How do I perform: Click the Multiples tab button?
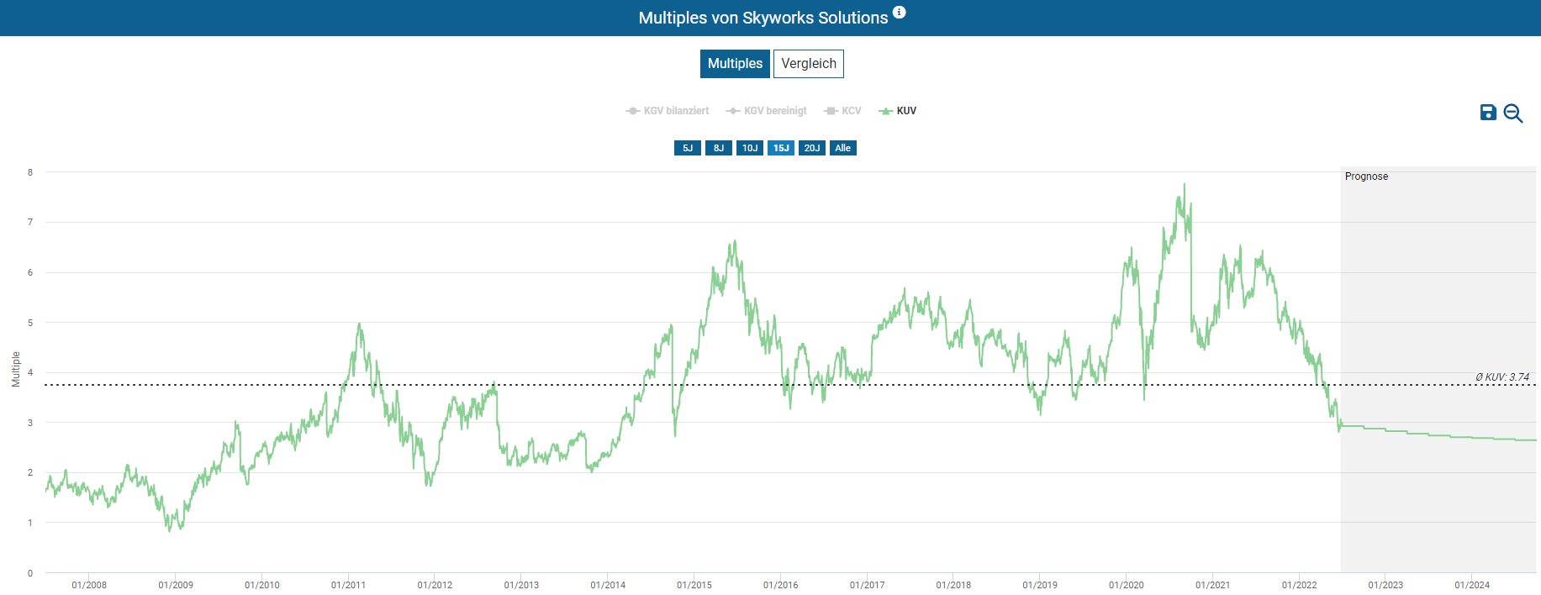pyautogui.click(x=735, y=64)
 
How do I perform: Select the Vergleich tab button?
pyautogui.click(x=809, y=64)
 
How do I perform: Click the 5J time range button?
pyautogui.click(x=688, y=148)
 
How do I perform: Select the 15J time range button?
pyautogui.click(x=781, y=148)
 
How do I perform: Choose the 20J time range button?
pyautogui.click(x=811, y=148)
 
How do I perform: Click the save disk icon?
pyautogui.click(x=1488, y=113)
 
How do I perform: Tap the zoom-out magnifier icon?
pyautogui.click(x=1513, y=113)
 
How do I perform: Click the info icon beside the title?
pyautogui.click(x=900, y=13)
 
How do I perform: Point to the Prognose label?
pyautogui.click(x=1366, y=176)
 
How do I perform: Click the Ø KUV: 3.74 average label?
pyautogui.click(x=1502, y=377)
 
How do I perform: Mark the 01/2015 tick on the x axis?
pyautogui.click(x=694, y=585)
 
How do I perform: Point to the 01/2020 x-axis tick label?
pyautogui.click(x=1127, y=585)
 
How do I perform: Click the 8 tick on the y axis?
pyautogui.click(x=30, y=172)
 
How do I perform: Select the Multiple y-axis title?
pyautogui.click(x=16, y=369)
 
